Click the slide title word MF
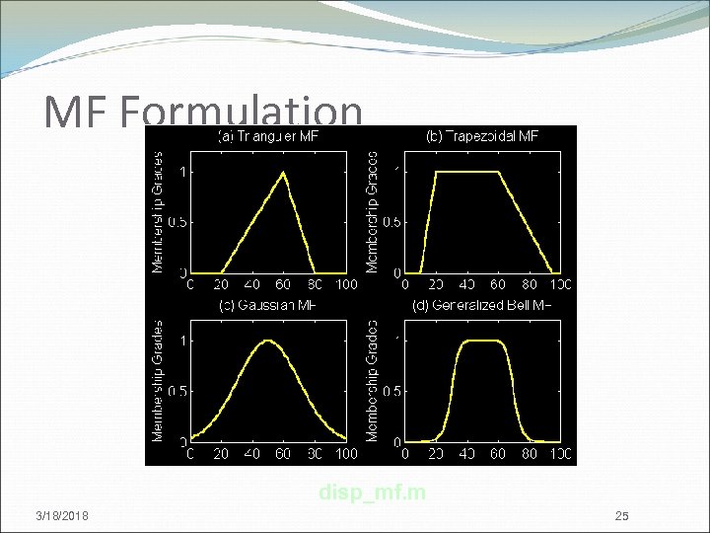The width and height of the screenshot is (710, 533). [x=79, y=114]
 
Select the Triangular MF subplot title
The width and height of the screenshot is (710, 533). [x=267, y=135]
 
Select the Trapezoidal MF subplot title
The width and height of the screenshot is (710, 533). [x=482, y=135]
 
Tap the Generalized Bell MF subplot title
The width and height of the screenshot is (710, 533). [x=481, y=305]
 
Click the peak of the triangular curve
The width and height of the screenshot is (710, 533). [x=284, y=172]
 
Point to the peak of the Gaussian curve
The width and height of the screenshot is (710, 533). [x=267, y=342]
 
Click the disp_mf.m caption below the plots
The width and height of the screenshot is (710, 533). [x=372, y=492]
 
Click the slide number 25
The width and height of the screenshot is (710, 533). [x=621, y=516]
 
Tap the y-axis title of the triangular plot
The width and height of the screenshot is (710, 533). [x=157, y=211]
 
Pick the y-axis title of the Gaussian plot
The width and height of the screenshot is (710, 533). [x=157, y=380]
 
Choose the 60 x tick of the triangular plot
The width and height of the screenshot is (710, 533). [x=283, y=285]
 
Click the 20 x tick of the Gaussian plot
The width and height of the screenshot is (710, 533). [x=222, y=454]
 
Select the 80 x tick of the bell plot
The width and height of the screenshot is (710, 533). [x=529, y=454]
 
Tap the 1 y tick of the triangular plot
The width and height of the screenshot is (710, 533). [x=180, y=172]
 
